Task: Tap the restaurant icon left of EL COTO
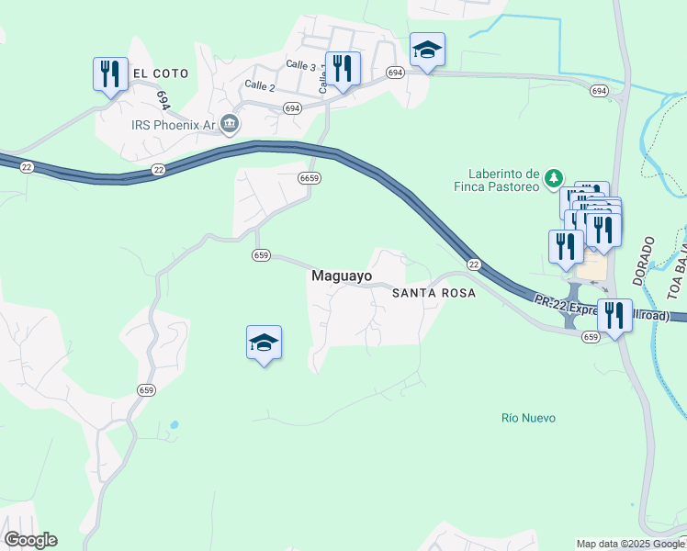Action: click(x=110, y=73)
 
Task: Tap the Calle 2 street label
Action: click(x=259, y=85)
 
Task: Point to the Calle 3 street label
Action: click(x=300, y=65)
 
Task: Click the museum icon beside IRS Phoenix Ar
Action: click(x=230, y=124)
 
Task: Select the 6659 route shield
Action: click(x=309, y=178)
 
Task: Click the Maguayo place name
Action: click(x=342, y=275)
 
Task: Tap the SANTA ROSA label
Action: click(x=434, y=294)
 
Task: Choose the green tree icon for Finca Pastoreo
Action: click(x=554, y=174)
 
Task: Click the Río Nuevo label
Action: click(x=528, y=418)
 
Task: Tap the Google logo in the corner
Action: click(x=30, y=540)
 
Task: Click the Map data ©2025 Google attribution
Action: click(x=629, y=544)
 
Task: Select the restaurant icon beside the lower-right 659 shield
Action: click(x=614, y=315)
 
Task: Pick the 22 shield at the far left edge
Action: click(x=26, y=166)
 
